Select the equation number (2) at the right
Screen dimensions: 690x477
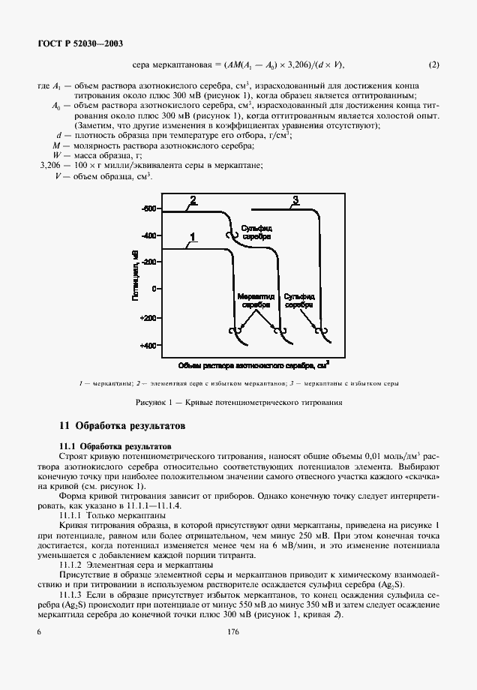click(x=433, y=65)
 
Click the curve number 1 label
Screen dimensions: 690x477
click(x=193, y=237)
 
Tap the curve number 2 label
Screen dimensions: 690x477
click(x=193, y=200)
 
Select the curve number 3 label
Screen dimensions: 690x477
click(x=295, y=199)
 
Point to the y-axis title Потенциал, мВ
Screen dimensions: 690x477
click(x=135, y=276)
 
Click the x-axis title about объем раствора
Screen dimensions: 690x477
click(x=253, y=365)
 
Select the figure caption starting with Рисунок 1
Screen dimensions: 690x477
click(x=238, y=402)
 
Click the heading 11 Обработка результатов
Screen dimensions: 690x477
click(x=122, y=426)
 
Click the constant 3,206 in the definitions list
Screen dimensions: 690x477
click(x=52, y=163)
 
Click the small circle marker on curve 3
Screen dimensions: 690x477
click(x=322, y=330)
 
